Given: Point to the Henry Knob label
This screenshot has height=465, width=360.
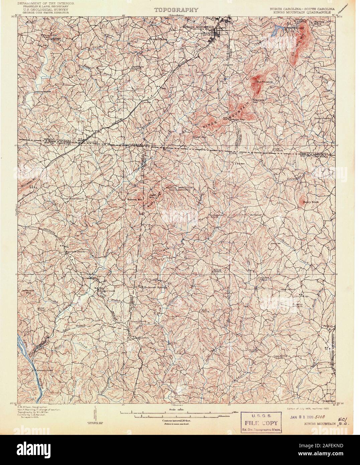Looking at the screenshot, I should [x=309, y=202].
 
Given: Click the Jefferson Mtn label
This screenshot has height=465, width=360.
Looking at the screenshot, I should [x=28, y=292].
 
